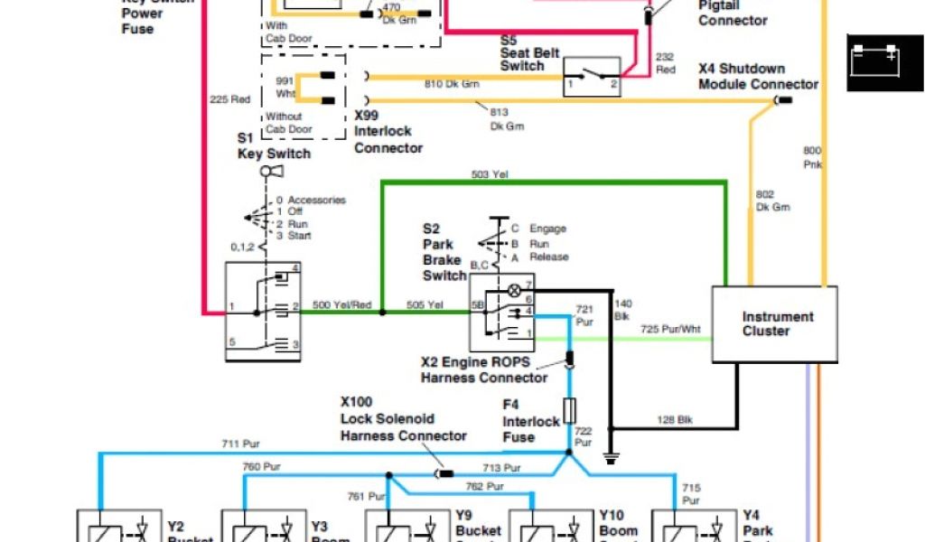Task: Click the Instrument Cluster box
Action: [x=775, y=325]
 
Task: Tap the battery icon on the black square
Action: [x=873, y=61]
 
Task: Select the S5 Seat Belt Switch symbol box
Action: [x=592, y=77]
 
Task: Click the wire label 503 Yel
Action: [x=490, y=173]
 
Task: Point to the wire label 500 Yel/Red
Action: [x=341, y=305]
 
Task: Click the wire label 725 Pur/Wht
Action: [x=669, y=330]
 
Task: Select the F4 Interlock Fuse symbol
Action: [x=569, y=411]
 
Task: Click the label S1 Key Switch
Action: [x=274, y=145]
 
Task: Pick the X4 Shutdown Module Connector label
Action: [x=757, y=77]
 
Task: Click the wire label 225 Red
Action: [x=229, y=99]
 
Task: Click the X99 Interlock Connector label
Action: [x=388, y=132]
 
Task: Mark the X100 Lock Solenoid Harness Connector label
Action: [x=403, y=419]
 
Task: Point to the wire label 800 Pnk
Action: [x=813, y=157]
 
